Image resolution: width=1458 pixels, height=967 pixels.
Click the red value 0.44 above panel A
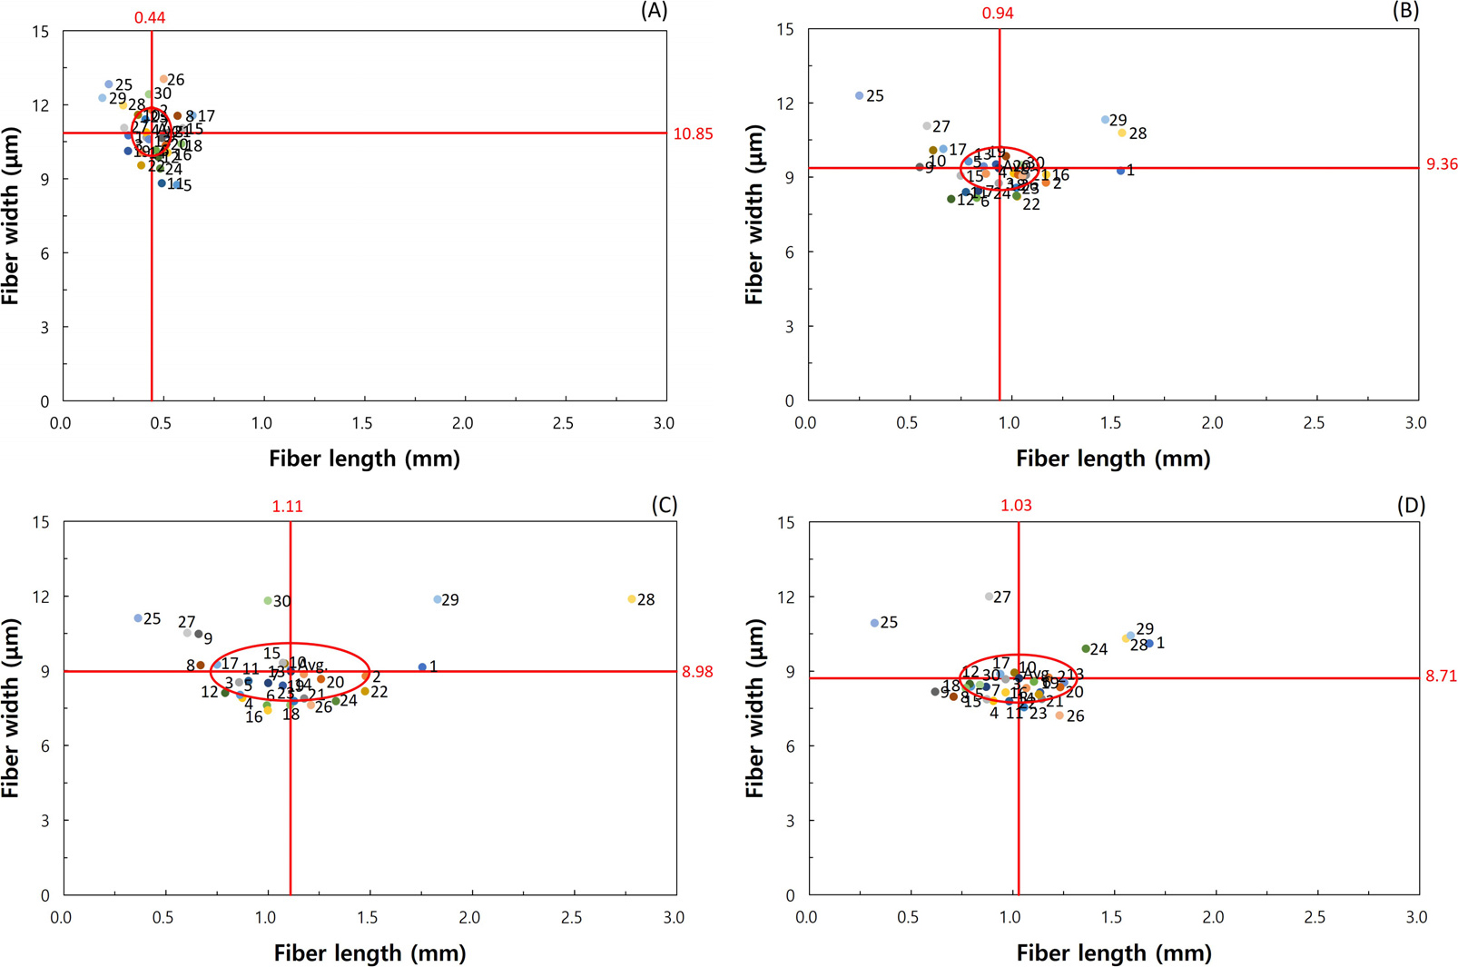(150, 17)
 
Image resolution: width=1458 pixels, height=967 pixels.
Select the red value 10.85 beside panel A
(693, 134)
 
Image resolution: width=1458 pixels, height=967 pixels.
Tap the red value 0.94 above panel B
(998, 14)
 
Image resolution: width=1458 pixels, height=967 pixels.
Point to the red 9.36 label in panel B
(1442, 164)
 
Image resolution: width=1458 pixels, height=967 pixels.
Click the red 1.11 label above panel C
(287, 507)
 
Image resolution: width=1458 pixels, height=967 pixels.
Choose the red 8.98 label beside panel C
(697, 673)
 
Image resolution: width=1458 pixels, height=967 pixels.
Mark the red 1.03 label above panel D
(1016, 506)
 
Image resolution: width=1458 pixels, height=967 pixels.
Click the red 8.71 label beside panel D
(1441, 676)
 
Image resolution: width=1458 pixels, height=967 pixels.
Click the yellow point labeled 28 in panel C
(632, 599)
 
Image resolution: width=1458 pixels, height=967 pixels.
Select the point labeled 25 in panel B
(860, 95)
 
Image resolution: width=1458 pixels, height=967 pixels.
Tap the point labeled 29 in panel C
(438, 599)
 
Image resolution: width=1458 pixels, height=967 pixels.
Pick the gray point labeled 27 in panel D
(989, 597)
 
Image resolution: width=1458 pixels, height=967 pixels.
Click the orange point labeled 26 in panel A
(163, 79)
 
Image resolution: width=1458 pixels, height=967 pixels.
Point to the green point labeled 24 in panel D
(1086, 648)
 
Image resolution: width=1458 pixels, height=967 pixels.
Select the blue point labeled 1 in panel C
(422, 666)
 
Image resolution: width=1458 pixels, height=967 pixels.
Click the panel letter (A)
(654, 11)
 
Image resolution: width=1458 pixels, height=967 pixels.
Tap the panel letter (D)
(1410, 506)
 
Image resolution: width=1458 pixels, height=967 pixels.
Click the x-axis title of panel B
(1113, 459)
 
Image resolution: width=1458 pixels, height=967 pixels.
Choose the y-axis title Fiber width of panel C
(12, 709)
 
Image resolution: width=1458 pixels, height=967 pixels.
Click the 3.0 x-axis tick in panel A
(664, 424)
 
